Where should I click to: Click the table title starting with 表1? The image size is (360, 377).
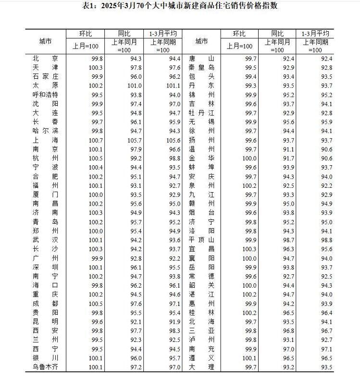(180, 6)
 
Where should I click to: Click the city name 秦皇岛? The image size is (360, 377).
(201, 67)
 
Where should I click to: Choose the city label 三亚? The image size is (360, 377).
(201, 331)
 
